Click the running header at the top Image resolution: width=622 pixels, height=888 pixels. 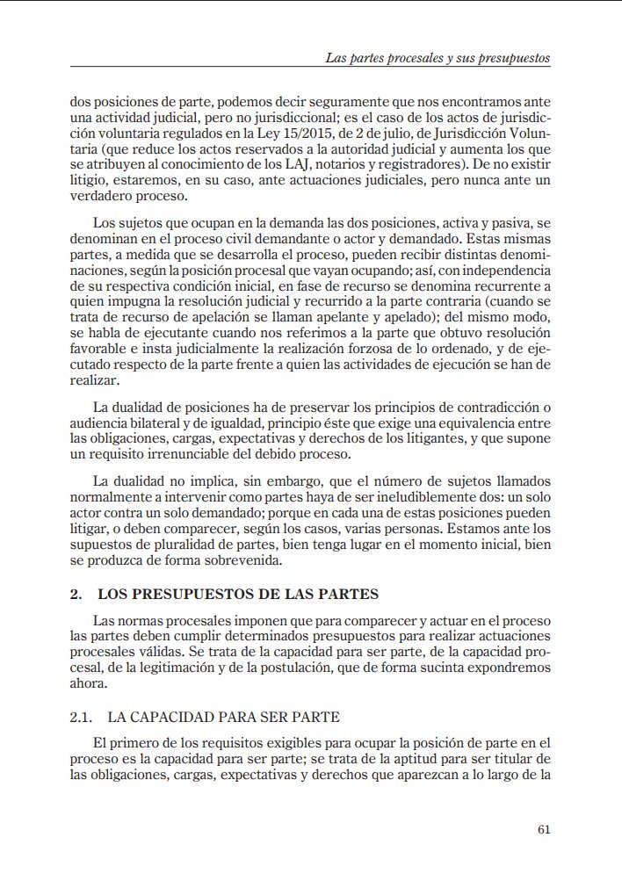tap(437, 58)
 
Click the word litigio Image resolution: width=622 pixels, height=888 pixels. tap(89, 180)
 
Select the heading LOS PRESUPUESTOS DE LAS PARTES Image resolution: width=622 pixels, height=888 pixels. tap(238, 594)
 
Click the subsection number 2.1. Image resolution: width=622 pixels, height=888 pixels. tap(82, 717)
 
